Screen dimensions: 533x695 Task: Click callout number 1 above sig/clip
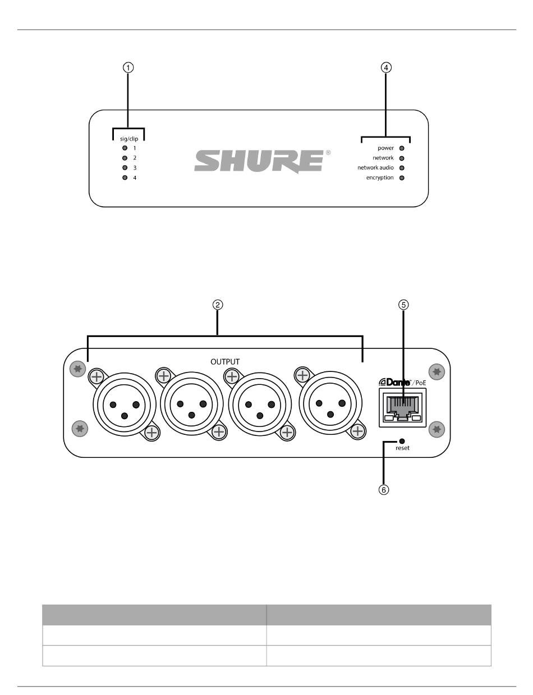click(128, 67)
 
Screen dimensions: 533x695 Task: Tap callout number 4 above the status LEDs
click(385, 67)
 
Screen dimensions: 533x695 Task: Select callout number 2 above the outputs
click(218, 305)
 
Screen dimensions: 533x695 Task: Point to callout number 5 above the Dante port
click(403, 305)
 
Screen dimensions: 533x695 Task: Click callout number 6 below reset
click(384, 489)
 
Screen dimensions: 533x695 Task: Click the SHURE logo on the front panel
click(259, 161)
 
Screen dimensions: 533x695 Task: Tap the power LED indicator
click(402, 148)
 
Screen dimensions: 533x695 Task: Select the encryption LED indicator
click(402, 178)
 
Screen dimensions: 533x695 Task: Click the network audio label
click(375, 168)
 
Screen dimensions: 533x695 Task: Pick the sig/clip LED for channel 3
click(125, 168)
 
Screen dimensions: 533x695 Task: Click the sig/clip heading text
click(129, 138)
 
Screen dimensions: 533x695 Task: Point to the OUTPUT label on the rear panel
click(225, 362)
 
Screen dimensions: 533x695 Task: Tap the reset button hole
click(402, 441)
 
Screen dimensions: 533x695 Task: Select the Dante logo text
click(396, 382)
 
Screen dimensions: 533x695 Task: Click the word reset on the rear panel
click(402, 448)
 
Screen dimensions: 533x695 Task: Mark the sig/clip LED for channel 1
click(125, 148)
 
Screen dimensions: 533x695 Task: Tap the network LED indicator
click(402, 158)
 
